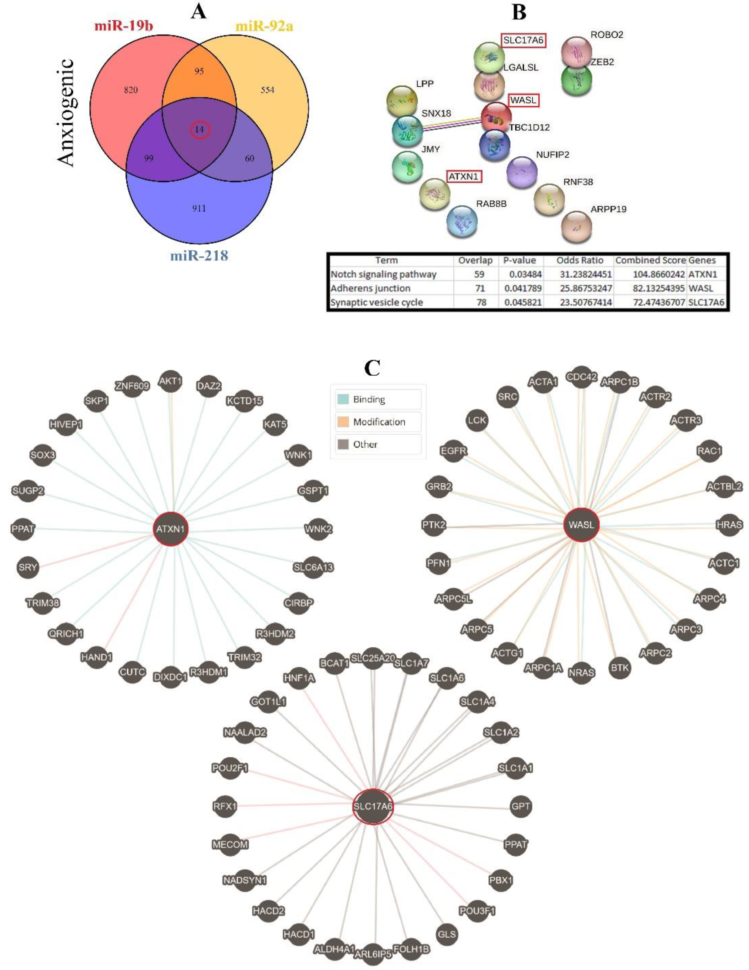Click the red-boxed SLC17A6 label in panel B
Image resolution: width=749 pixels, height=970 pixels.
click(523, 40)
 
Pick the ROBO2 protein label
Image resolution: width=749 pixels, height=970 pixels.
click(606, 35)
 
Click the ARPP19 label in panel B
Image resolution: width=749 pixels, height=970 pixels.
click(608, 209)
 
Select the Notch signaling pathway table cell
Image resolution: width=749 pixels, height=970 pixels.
click(384, 274)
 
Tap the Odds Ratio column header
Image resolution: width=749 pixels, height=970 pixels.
click(580, 260)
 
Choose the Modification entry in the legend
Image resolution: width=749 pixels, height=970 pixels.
click(379, 422)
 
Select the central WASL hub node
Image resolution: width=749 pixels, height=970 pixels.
click(581, 524)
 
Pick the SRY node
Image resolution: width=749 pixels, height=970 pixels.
click(27, 567)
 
